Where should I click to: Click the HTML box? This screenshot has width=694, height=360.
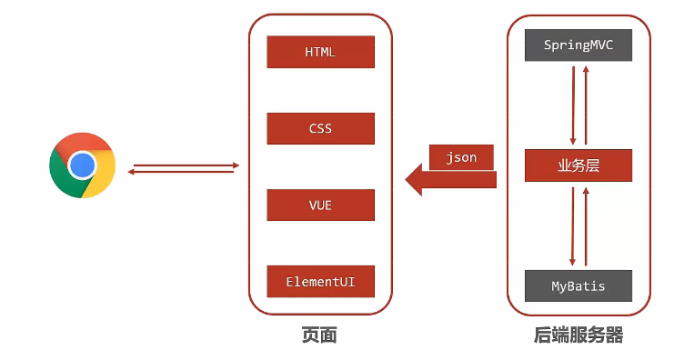[320, 52]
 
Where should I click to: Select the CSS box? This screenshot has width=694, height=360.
[320, 128]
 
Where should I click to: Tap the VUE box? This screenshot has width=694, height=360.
[320, 205]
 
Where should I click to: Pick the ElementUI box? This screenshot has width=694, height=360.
[320, 282]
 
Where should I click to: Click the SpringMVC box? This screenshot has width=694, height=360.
[578, 45]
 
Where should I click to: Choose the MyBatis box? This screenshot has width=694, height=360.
[578, 285]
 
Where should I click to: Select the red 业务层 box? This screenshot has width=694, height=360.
[578, 165]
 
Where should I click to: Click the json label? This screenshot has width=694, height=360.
[461, 157]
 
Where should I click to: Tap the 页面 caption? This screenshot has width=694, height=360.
[319, 335]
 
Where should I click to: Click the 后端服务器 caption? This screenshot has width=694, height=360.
[578, 335]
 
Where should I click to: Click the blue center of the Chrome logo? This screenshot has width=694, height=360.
[82, 165]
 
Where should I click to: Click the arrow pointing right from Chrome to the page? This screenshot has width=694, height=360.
[186, 165]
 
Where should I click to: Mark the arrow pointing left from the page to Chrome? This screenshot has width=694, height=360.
[182, 172]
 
